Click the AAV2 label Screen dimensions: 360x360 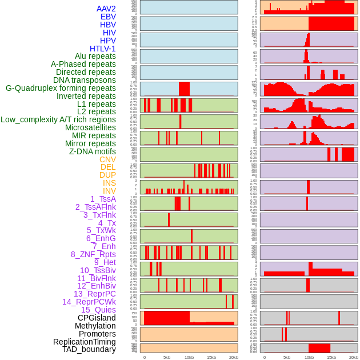tap(106, 9)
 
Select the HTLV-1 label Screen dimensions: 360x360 tap(102, 49)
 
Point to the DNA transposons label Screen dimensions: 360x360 tap(85, 80)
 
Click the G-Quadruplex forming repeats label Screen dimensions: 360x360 tap(61, 88)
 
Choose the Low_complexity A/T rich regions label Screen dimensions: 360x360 tap(58, 119)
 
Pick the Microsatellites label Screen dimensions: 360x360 tap(90, 127)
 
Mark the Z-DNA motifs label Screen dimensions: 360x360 tap(92, 151)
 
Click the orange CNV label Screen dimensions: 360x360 tap(107, 159)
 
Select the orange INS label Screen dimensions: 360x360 tap(109, 183)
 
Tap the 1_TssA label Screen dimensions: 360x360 tap(103, 199)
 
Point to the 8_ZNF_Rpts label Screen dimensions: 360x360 tap(93, 254)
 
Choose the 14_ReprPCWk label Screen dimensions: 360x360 tap(89, 302)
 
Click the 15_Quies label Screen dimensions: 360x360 tap(98, 310)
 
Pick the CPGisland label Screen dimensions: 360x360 tap(97, 318)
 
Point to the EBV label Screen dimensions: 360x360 tap(108, 17)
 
